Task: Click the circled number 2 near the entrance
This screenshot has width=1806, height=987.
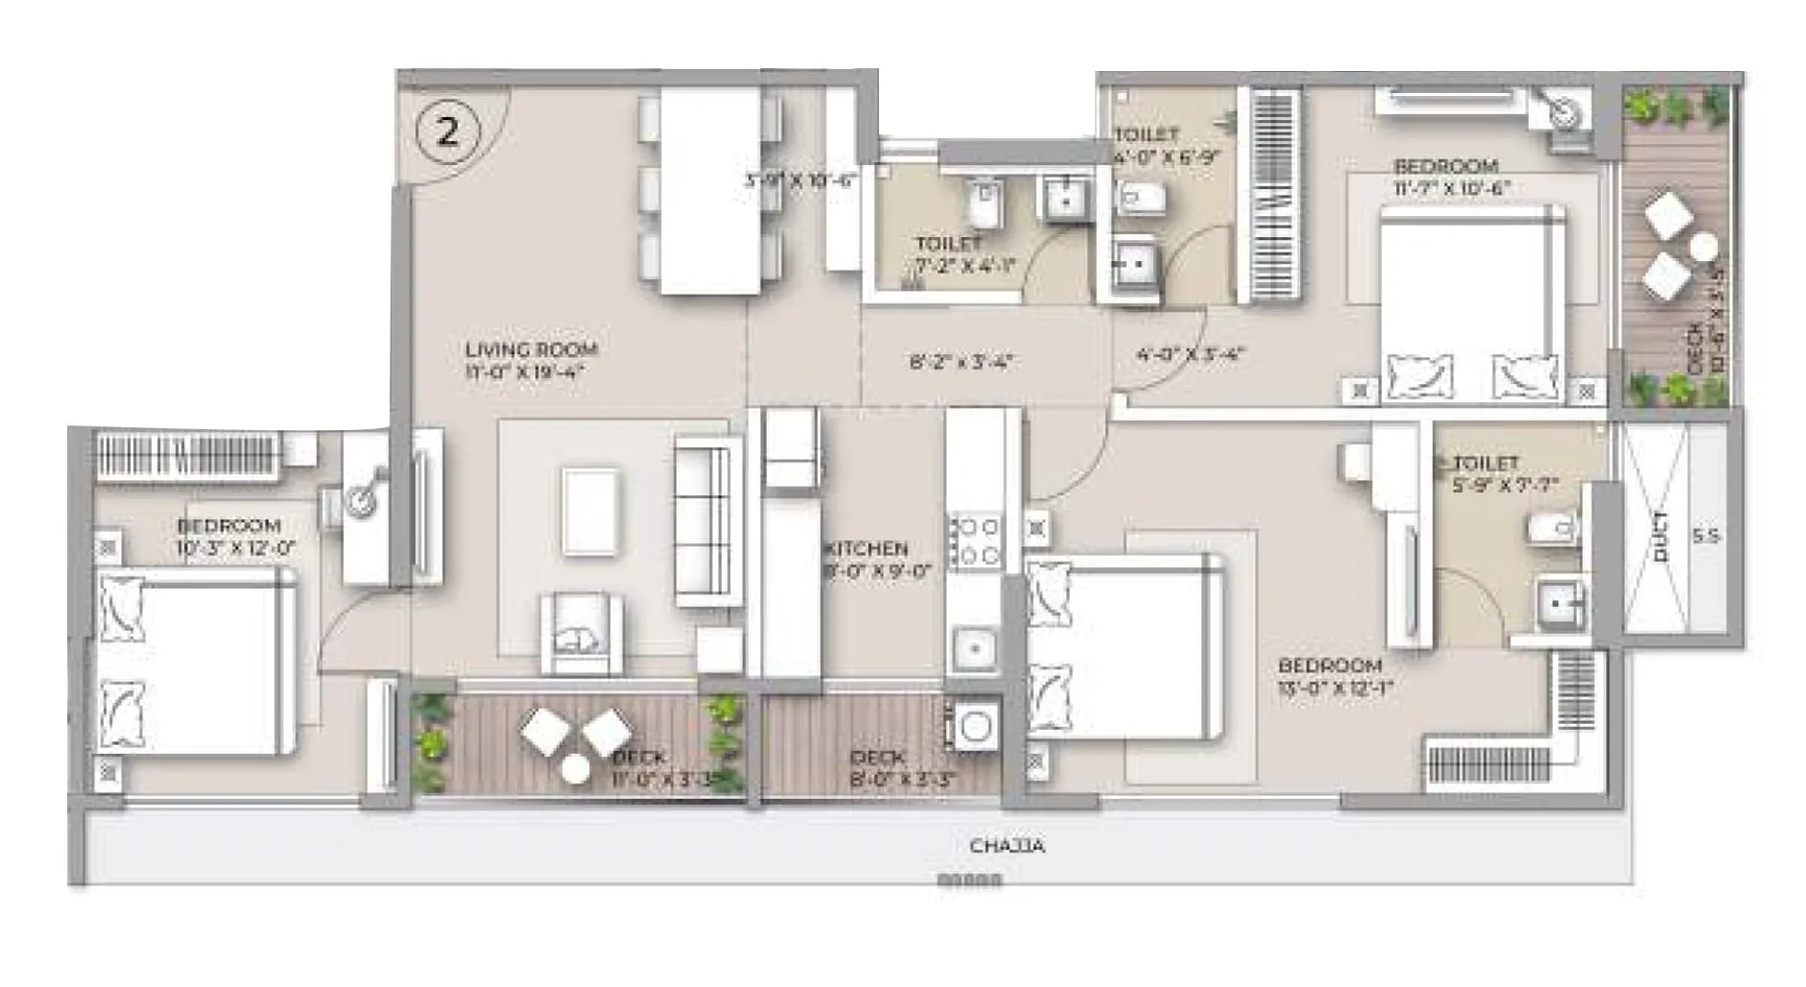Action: (447, 132)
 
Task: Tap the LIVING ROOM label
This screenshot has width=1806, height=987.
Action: (531, 349)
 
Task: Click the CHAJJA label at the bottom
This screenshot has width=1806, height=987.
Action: (1007, 846)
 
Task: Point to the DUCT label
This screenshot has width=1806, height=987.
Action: (1661, 537)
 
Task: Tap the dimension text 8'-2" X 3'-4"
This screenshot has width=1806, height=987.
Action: (962, 362)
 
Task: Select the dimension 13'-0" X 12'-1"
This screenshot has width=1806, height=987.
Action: (1334, 687)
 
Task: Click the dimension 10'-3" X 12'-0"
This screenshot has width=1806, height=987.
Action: (235, 548)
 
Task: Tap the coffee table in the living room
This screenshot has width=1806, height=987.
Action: (590, 511)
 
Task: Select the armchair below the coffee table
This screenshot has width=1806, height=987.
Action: (581, 634)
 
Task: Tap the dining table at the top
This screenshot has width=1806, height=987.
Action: (710, 190)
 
